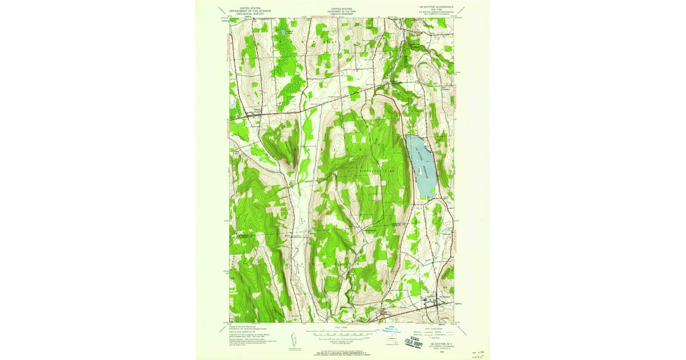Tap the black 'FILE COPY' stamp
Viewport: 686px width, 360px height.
(x=410, y=339)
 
